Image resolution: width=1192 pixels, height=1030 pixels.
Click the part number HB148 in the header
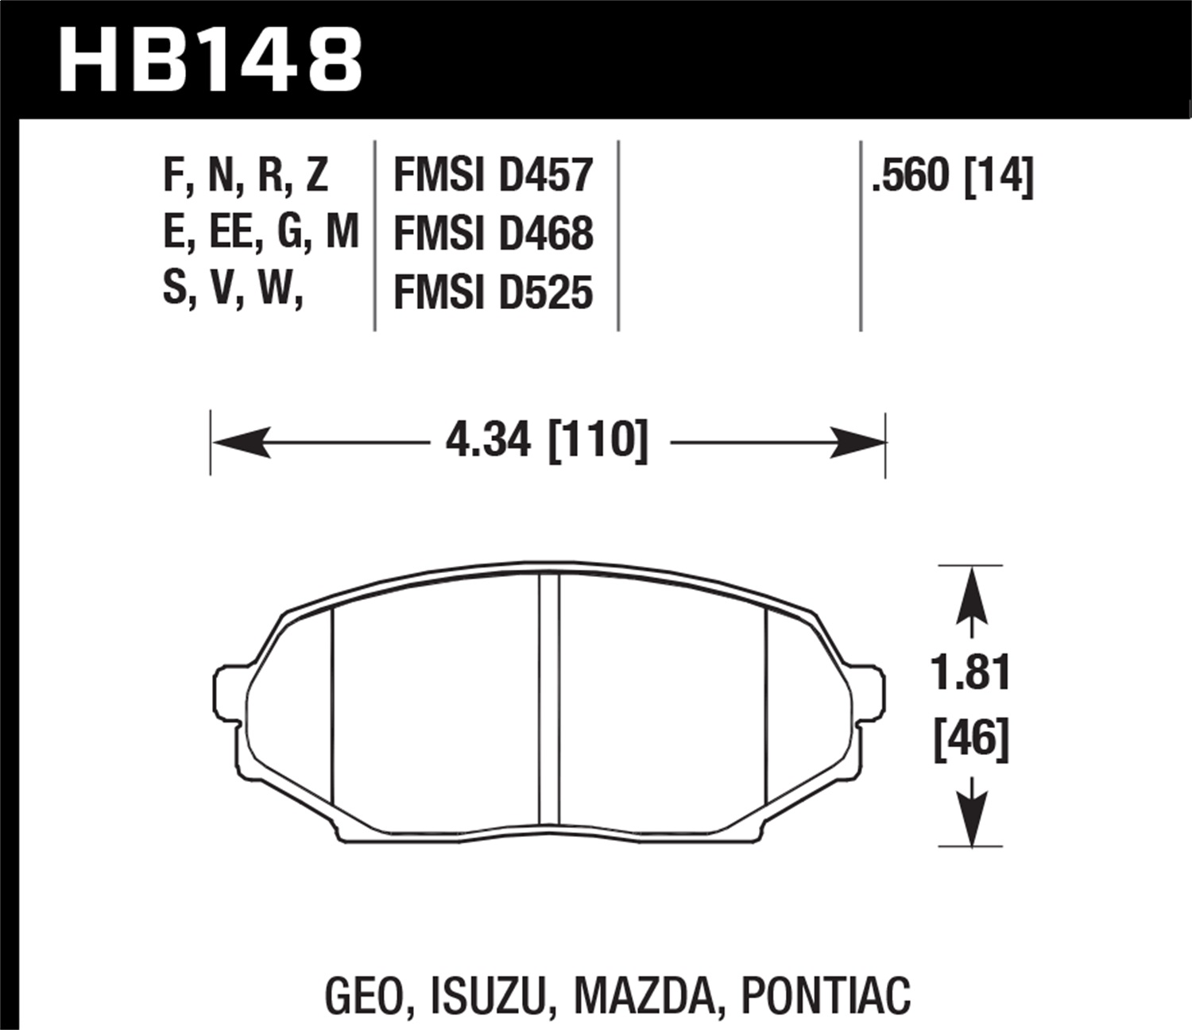click(x=211, y=58)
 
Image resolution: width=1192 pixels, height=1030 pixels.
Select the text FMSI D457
click(x=493, y=176)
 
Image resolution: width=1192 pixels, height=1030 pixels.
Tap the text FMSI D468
click(x=493, y=234)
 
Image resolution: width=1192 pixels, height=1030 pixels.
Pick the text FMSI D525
click(x=493, y=292)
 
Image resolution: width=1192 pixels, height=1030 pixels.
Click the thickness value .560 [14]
click(x=952, y=176)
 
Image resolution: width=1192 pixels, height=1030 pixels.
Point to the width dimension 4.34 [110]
click(x=547, y=440)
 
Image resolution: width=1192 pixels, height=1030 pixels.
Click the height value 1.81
click(x=971, y=674)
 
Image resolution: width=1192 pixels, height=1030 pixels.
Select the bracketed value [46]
click(x=971, y=739)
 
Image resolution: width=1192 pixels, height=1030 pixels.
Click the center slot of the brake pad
click(x=549, y=699)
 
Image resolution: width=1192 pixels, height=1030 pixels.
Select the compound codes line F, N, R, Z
click(x=245, y=176)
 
